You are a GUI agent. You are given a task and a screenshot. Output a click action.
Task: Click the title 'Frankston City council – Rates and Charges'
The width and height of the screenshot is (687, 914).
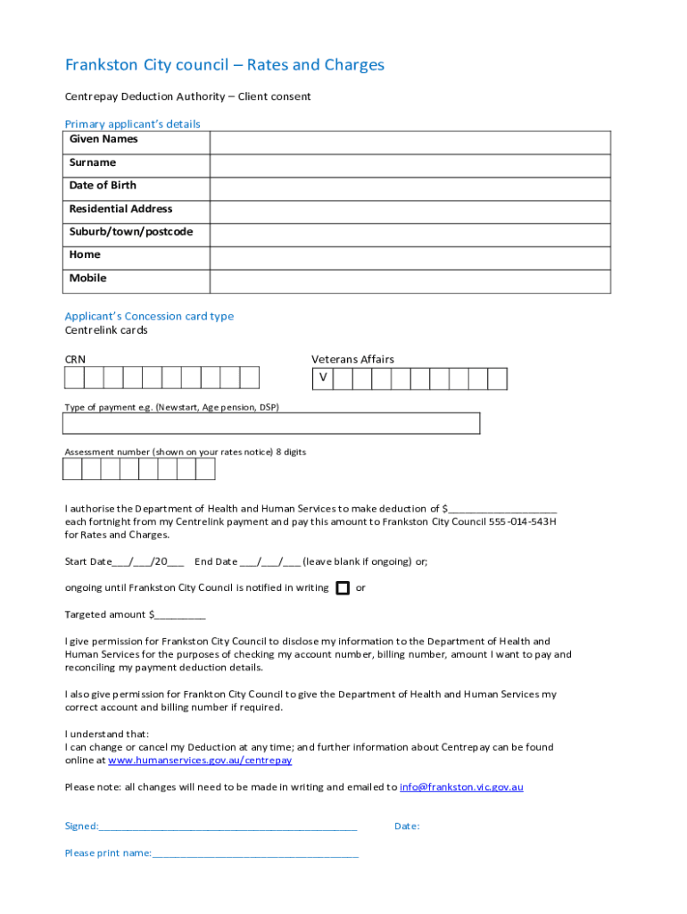(x=224, y=65)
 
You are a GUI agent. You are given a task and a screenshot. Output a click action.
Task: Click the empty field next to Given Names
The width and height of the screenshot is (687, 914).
(x=410, y=143)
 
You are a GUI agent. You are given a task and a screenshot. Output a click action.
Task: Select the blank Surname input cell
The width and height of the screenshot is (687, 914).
(x=410, y=166)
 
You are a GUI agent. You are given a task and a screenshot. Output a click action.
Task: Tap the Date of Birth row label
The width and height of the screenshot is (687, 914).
(x=103, y=186)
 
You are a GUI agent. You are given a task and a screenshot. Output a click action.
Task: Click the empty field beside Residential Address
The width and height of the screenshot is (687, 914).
(x=410, y=212)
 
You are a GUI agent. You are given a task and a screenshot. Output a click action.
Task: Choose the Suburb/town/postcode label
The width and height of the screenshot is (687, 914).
(x=131, y=232)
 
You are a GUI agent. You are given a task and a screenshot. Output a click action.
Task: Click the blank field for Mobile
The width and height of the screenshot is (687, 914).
(x=410, y=281)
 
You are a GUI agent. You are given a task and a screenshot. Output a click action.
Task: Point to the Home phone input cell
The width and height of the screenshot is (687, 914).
(x=410, y=258)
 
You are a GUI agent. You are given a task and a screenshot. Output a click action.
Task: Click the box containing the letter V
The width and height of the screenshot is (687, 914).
(x=322, y=378)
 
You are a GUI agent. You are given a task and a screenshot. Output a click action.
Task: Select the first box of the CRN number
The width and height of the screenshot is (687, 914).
(x=74, y=378)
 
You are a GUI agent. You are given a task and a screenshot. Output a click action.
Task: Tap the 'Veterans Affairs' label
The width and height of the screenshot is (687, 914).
(x=352, y=359)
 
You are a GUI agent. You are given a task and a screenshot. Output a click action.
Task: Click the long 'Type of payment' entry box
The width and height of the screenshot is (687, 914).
(x=272, y=423)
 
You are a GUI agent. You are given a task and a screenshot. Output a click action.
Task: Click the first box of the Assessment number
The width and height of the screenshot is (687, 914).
(x=72, y=469)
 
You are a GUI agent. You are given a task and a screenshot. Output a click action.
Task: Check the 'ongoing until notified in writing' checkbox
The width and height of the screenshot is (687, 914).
(x=343, y=588)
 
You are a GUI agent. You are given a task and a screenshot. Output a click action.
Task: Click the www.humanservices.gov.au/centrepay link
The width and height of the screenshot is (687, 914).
(x=200, y=760)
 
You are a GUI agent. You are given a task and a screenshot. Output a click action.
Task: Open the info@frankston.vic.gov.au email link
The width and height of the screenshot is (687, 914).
(x=461, y=787)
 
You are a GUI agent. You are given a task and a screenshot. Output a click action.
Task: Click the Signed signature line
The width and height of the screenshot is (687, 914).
(x=228, y=827)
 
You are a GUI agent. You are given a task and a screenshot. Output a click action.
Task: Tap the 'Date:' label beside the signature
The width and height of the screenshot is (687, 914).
(x=407, y=827)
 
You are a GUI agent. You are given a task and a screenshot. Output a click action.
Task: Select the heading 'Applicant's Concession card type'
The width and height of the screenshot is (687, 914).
(x=149, y=316)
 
